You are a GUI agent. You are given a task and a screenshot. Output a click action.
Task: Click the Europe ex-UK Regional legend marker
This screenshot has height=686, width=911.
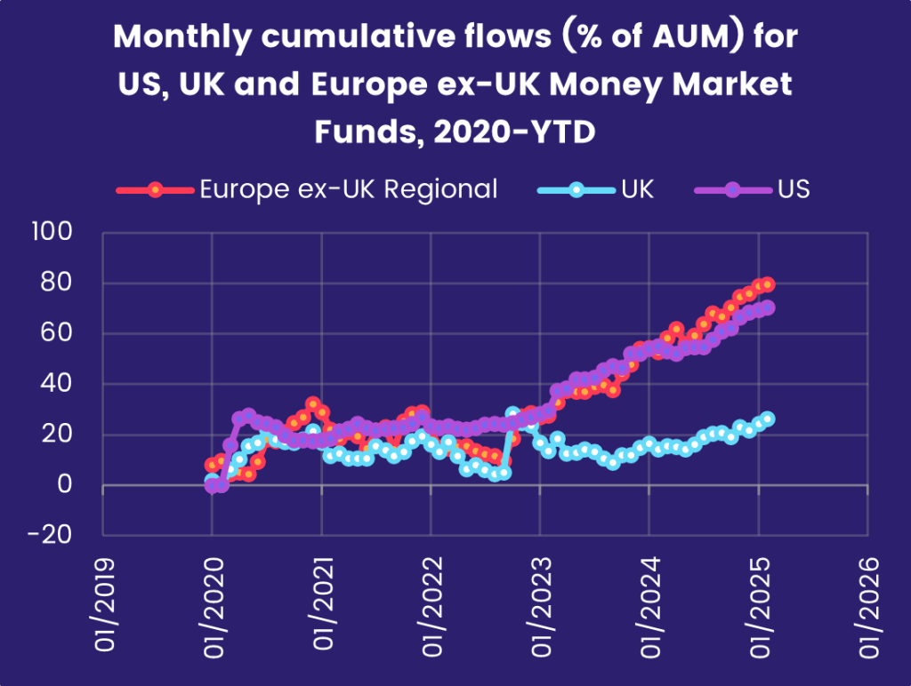pos(155,189)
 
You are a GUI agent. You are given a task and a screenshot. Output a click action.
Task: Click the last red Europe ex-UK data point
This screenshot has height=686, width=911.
pos(768,284)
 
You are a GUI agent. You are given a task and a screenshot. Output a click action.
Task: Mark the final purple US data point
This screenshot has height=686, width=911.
pos(768,307)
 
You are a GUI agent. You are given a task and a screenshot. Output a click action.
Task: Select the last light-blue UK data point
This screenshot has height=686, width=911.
pos(768,419)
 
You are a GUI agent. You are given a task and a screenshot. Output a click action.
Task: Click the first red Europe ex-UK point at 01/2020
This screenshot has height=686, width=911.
pos(212,465)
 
